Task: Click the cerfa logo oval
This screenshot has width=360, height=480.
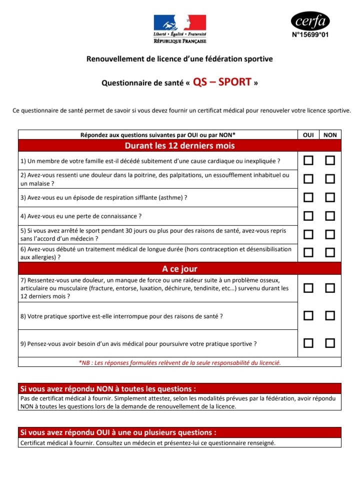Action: click(x=310, y=22)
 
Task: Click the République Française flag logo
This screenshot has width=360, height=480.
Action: click(x=179, y=23)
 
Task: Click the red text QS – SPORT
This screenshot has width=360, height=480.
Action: click(x=221, y=82)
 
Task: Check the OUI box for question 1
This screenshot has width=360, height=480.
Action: click(x=308, y=160)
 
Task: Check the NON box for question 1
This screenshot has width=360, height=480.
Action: click(x=330, y=160)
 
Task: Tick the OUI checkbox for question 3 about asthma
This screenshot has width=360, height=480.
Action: click(x=308, y=197)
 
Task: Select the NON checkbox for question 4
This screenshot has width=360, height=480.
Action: click(x=330, y=216)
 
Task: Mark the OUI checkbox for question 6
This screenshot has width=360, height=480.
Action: click(x=308, y=252)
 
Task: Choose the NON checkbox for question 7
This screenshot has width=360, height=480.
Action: click(x=330, y=288)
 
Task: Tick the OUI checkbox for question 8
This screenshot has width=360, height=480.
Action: click(x=308, y=315)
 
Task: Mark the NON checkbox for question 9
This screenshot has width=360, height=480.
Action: click(x=330, y=343)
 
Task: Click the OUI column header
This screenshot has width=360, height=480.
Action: click(x=308, y=135)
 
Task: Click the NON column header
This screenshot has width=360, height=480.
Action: click(x=330, y=135)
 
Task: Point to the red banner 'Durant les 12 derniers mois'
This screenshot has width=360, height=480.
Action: click(x=179, y=146)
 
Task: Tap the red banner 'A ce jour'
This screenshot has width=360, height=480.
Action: click(x=179, y=269)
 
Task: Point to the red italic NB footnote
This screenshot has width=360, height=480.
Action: click(x=179, y=362)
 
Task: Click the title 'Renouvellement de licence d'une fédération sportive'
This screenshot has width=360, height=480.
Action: click(x=179, y=59)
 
